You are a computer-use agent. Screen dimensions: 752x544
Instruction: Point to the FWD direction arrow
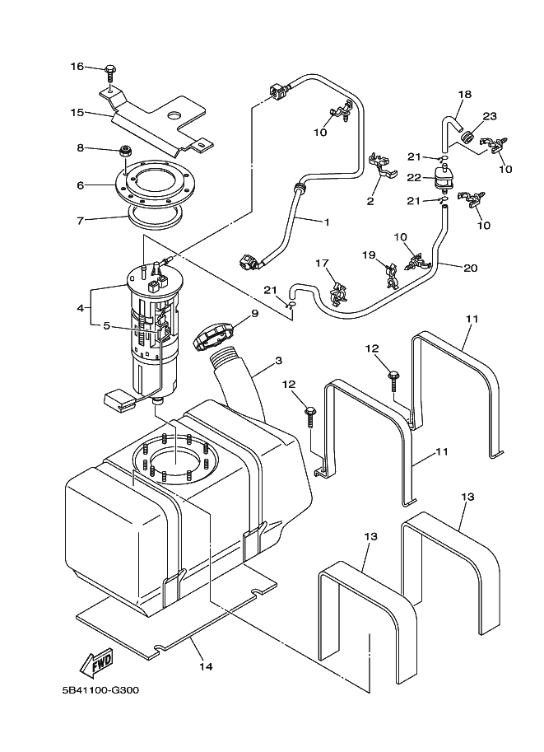coord(97,661)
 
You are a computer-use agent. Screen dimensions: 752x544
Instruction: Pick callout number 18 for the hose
coord(464,95)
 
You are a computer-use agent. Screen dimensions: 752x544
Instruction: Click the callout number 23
coord(489,116)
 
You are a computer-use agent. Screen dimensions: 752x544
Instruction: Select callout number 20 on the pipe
coord(471,268)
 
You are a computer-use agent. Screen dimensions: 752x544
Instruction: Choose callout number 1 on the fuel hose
coord(326,222)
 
